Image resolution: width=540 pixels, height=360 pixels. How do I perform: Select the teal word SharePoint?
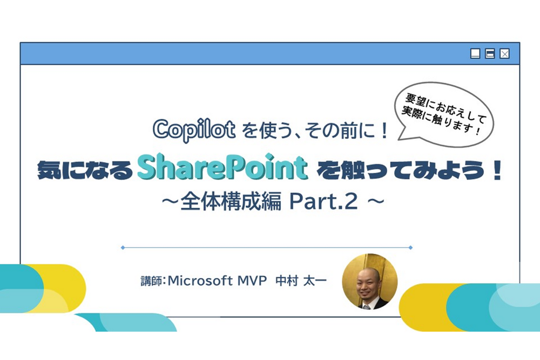coord(222,168)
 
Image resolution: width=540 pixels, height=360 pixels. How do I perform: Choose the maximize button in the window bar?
coord(490,53)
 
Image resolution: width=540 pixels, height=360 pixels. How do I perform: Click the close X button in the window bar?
coord(504,53)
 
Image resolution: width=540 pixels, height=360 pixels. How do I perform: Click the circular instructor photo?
coord(370,281)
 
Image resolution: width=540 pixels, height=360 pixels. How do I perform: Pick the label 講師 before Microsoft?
coord(150,281)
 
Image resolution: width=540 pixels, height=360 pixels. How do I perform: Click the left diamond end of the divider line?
coord(123,247)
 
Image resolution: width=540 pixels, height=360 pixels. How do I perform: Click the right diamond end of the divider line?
coord(411,247)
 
